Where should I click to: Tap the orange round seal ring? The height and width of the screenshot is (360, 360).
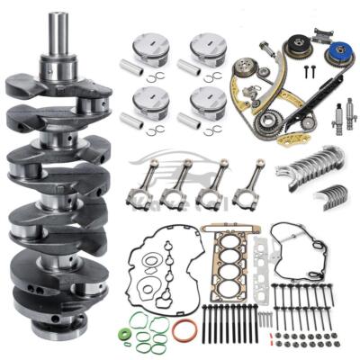pos(184,329)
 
